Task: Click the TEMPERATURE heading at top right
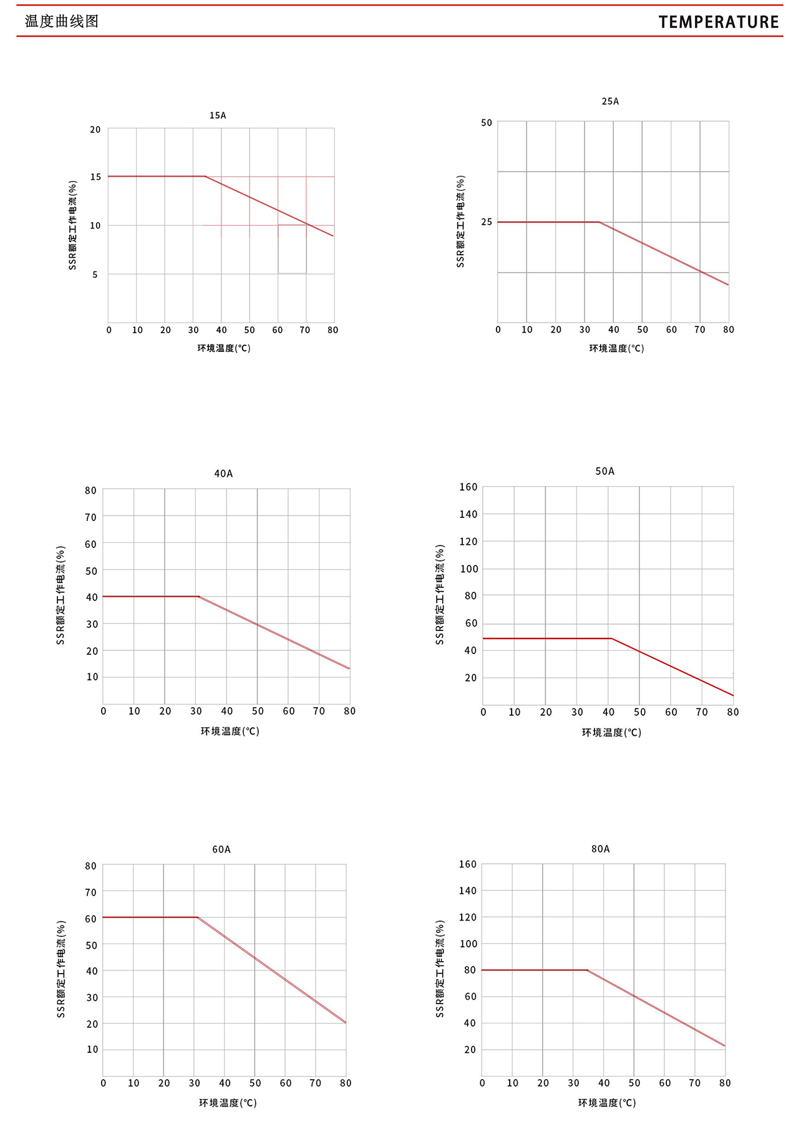coord(719,22)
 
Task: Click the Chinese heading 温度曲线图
coord(62,21)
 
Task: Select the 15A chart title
coord(218,115)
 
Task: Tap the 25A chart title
coord(610,101)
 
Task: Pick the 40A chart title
coord(223,474)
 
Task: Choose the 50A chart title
coord(605,471)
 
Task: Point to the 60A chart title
coord(221,849)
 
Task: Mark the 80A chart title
coord(601,849)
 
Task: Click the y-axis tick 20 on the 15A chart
coord(95,130)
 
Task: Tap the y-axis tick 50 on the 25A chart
coord(487,123)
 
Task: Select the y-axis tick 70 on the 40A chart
coord(91,517)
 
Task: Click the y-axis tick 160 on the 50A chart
coord(468,487)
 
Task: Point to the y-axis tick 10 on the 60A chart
coord(92,1049)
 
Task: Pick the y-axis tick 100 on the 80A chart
coord(468,944)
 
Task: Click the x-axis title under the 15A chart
coord(224,348)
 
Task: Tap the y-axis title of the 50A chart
coord(440,595)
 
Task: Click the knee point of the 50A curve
coord(611,638)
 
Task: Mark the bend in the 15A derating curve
coord(205,177)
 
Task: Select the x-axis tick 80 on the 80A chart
coord(724,1083)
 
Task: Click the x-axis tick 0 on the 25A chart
coord(498,330)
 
